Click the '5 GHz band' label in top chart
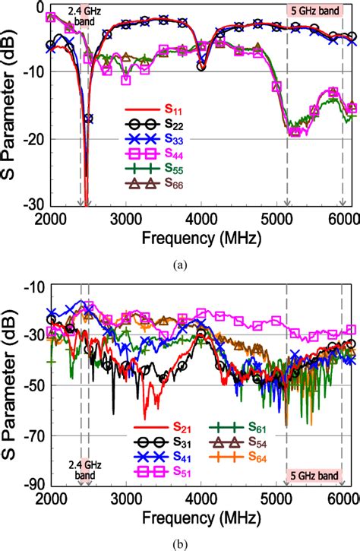coord(313,11)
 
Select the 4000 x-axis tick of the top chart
coord(201,217)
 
